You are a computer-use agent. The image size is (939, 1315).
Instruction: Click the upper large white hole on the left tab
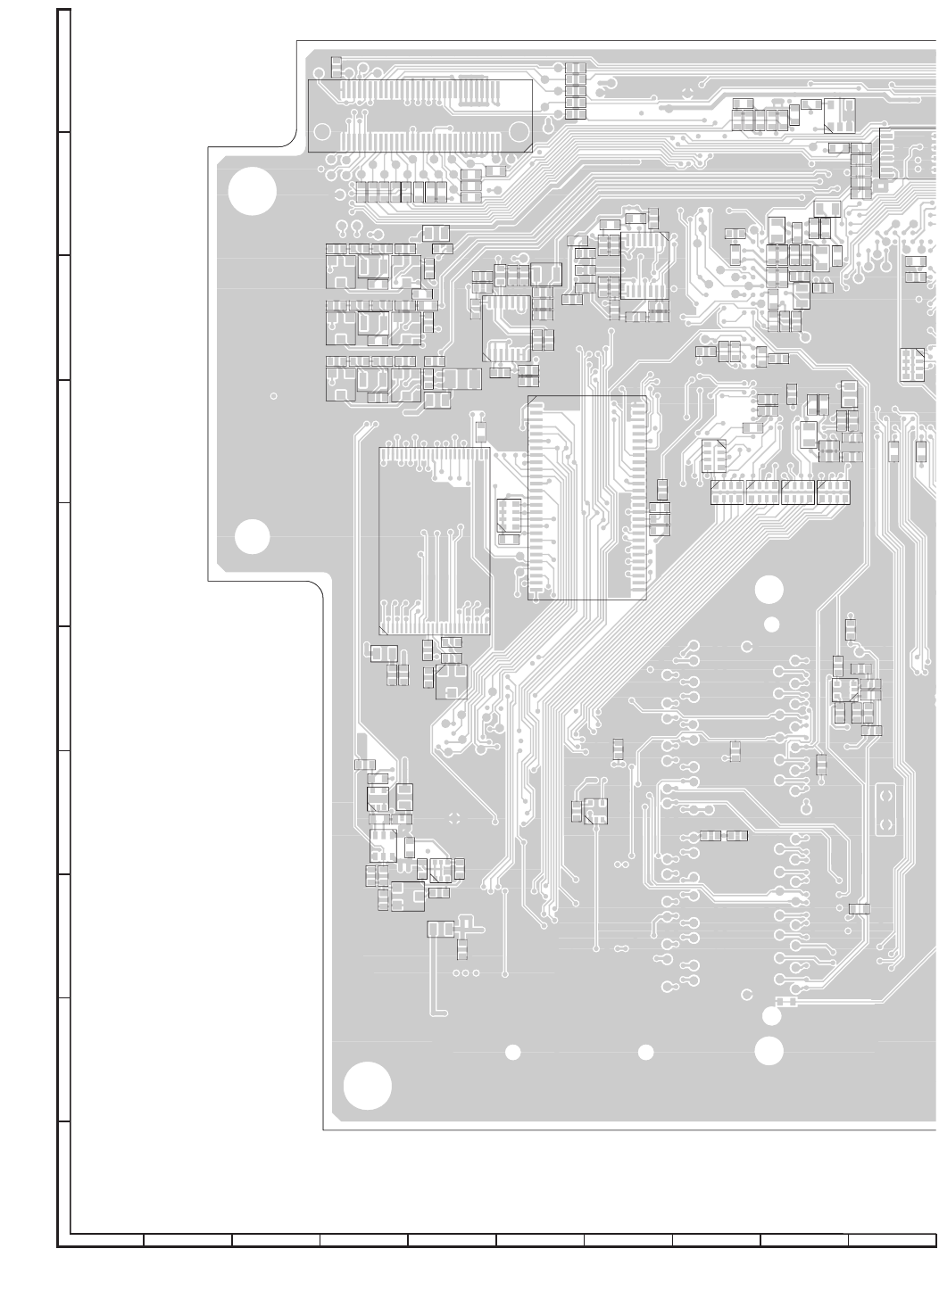coord(252,192)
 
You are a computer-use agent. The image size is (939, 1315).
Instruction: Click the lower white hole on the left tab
coord(252,536)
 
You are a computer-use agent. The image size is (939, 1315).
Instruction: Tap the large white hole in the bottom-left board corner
coord(368,1086)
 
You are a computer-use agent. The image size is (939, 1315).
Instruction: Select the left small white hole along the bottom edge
coord(513,1053)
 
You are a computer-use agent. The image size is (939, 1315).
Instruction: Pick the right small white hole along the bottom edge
coord(646,1053)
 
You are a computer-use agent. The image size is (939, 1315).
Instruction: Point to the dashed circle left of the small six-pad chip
coord(453,819)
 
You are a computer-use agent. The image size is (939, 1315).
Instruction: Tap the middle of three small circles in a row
coord(466,972)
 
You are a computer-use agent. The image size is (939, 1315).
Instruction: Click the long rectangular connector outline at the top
coord(420,115)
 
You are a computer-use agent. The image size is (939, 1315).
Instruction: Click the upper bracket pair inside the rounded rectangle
coord(885,792)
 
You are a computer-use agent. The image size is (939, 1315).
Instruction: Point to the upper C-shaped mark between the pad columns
coord(747,645)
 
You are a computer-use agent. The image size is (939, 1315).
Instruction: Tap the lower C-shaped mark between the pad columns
coord(747,994)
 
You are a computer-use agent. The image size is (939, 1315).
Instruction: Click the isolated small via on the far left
coord(273,396)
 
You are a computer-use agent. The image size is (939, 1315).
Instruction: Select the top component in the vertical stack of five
coord(576,69)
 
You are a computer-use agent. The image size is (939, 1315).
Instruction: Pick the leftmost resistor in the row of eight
coord(361,191)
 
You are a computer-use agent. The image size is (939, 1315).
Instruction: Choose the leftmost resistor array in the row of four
coord(727,492)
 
